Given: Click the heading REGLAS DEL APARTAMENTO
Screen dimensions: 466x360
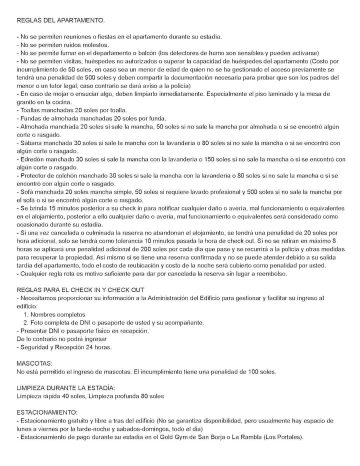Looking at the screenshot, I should tap(61, 20).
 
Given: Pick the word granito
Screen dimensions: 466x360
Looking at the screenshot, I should tap(27, 102).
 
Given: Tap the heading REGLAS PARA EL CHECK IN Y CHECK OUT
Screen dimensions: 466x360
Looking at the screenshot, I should tap(80, 289).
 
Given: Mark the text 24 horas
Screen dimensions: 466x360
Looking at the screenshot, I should tap(98, 347).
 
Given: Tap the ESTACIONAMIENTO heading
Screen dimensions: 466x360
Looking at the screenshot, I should tap(47, 412).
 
